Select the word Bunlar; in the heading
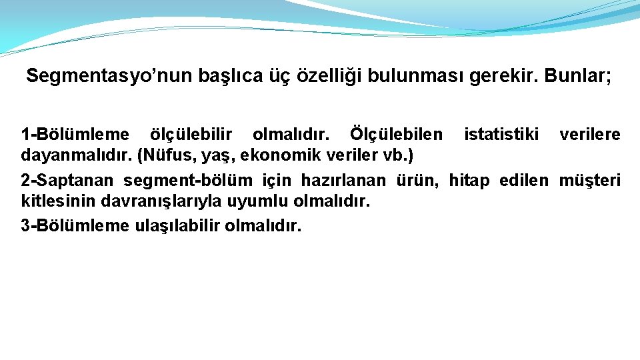(577, 77)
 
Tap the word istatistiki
(501, 135)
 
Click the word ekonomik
(281, 157)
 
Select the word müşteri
(589, 180)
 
